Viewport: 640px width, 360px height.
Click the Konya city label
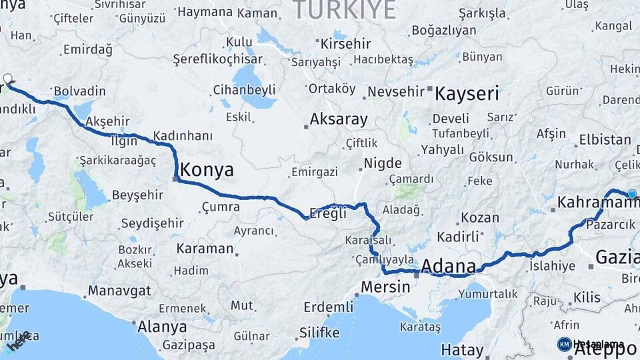tap(207, 170)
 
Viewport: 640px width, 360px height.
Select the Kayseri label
tap(467, 93)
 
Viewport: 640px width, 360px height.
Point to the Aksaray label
tap(339, 120)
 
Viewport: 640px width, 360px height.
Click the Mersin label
tap(385, 287)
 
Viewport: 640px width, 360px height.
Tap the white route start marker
tap(8, 79)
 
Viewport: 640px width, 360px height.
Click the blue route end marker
tap(632, 194)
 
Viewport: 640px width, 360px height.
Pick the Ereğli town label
tap(329, 213)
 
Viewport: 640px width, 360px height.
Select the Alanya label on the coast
tap(162, 327)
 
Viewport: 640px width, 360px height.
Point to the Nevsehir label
tap(396, 91)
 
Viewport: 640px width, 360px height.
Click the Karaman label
tap(205, 249)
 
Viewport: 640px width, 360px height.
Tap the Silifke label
tap(319, 332)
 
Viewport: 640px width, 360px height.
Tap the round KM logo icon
tap(564, 344)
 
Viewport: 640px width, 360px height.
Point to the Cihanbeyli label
tap(253, 89)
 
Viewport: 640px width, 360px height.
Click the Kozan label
tap(480, 217)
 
